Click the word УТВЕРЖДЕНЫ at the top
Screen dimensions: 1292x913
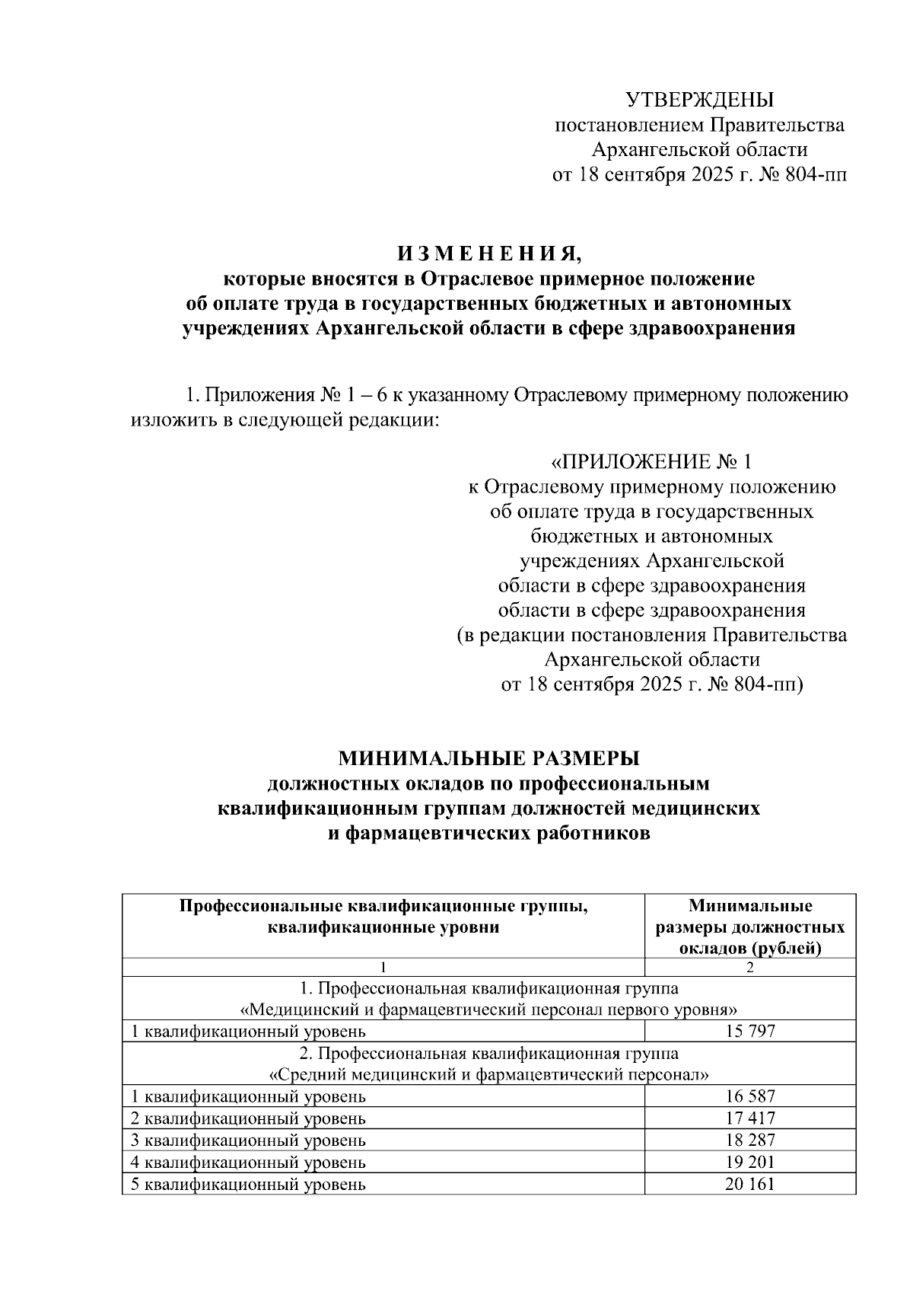[x=698, y=100]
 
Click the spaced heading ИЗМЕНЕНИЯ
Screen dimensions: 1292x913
[x=488, y=254]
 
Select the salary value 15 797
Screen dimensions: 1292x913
[x=749, y=1032]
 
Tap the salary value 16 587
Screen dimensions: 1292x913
[x=749, y=1096]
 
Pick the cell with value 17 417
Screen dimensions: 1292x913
[x=749, y=1118]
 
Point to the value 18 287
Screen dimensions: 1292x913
[x=749, y=1140]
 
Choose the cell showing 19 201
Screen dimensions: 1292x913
[x=749, y=1163]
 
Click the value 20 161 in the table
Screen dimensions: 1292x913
[x=749, y=1185]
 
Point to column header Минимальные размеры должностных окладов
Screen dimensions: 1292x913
[x=749, y=927]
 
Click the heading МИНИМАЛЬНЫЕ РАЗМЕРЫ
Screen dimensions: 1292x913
[x=488, y=758]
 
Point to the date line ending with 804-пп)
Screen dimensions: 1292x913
[x=651, y=684]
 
